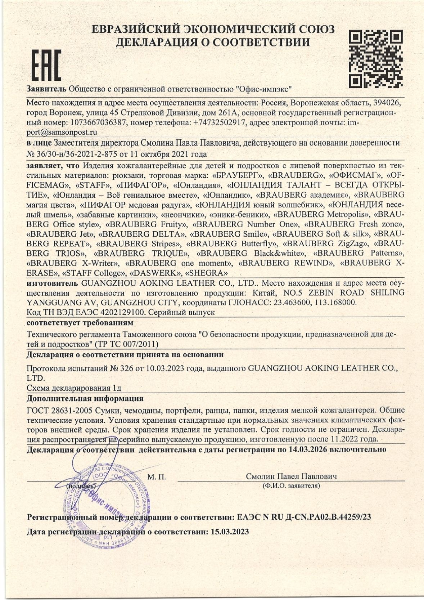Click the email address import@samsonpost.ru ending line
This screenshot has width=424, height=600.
[62, 132]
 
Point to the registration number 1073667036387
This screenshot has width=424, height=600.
[96, 122]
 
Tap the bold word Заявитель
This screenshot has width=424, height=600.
[46, 89]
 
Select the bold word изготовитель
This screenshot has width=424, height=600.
[52, 283]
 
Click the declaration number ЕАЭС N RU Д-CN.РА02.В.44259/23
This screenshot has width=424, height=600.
[304, 517]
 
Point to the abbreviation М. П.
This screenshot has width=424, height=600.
[157, 477]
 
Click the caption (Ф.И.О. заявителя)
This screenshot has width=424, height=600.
[292, 486]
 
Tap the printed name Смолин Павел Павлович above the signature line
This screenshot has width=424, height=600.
[292, 476]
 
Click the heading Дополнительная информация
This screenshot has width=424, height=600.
[85, 398]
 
